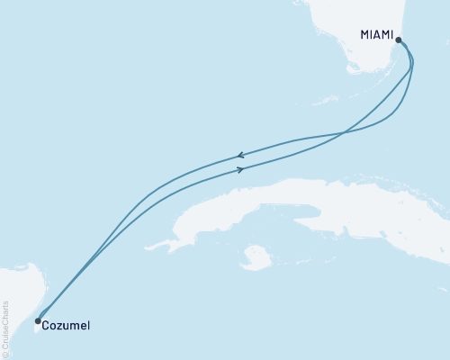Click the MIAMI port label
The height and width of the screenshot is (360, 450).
pyautogui.click(x=377, y=35)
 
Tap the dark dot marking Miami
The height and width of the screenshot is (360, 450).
pyautogui.click(x=399, y=40)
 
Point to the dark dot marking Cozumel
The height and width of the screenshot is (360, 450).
pyautogui.click(x=37, y=320)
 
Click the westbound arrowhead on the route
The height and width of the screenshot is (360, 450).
pyautogui.click(x=240, y=155)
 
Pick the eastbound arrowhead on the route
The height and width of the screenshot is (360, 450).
pyautogui.click(x=241, y=168)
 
